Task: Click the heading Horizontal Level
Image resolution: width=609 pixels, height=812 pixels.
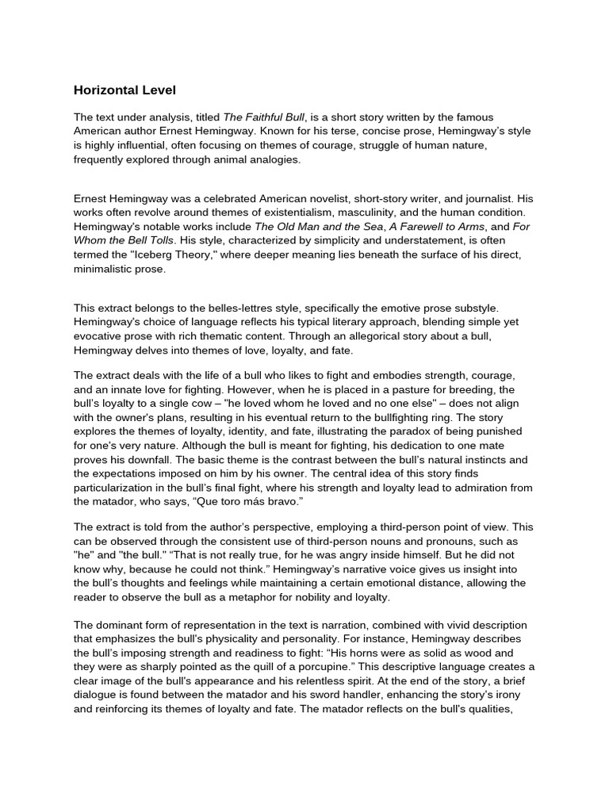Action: click(x=131, y=90)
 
